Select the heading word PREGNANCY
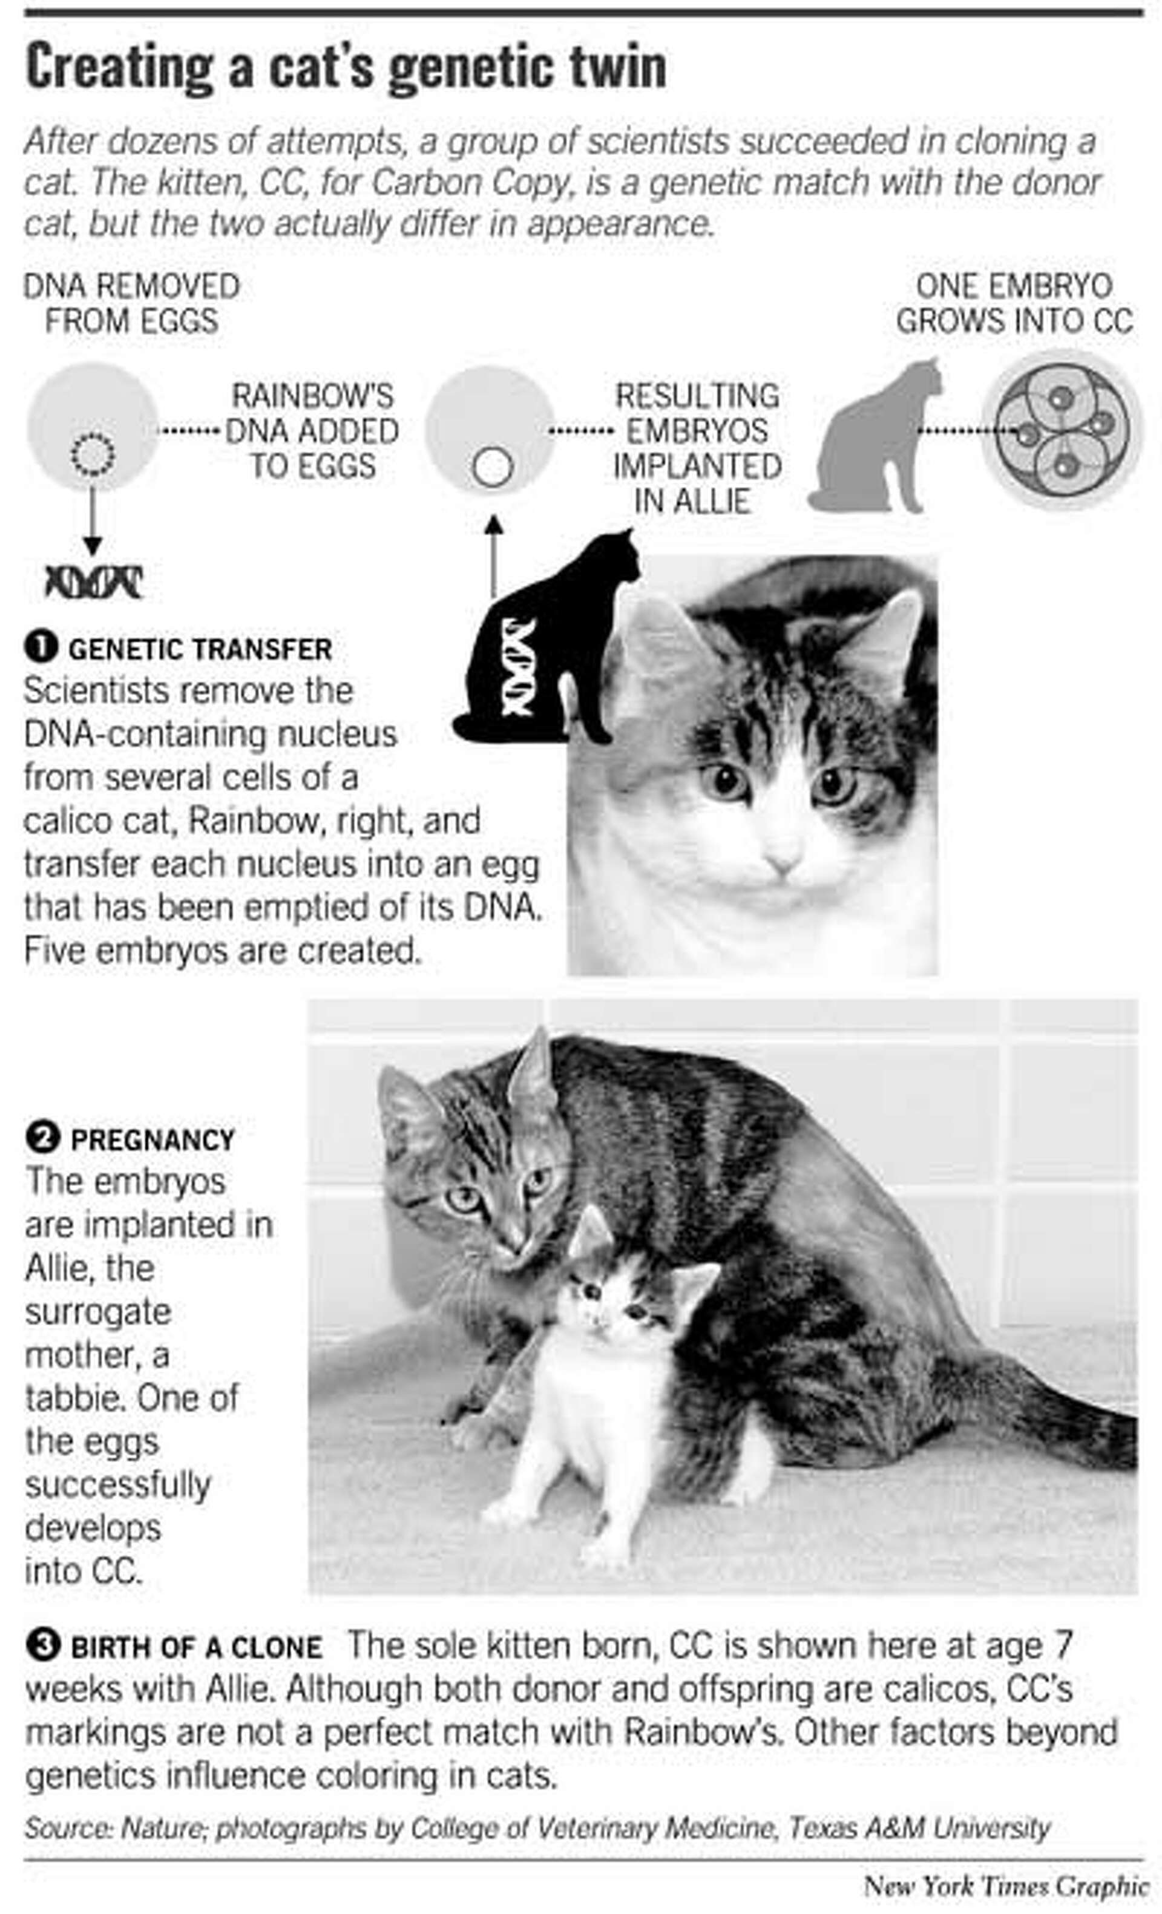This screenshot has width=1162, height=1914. tap(153, 1139)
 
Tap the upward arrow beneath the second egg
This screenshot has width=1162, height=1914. tap(493, 556)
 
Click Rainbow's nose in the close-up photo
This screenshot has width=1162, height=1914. tap(782, 862)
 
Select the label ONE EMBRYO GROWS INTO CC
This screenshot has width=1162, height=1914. tap(1014, 304)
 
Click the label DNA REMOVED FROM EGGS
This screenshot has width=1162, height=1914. tap(131, 304)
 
